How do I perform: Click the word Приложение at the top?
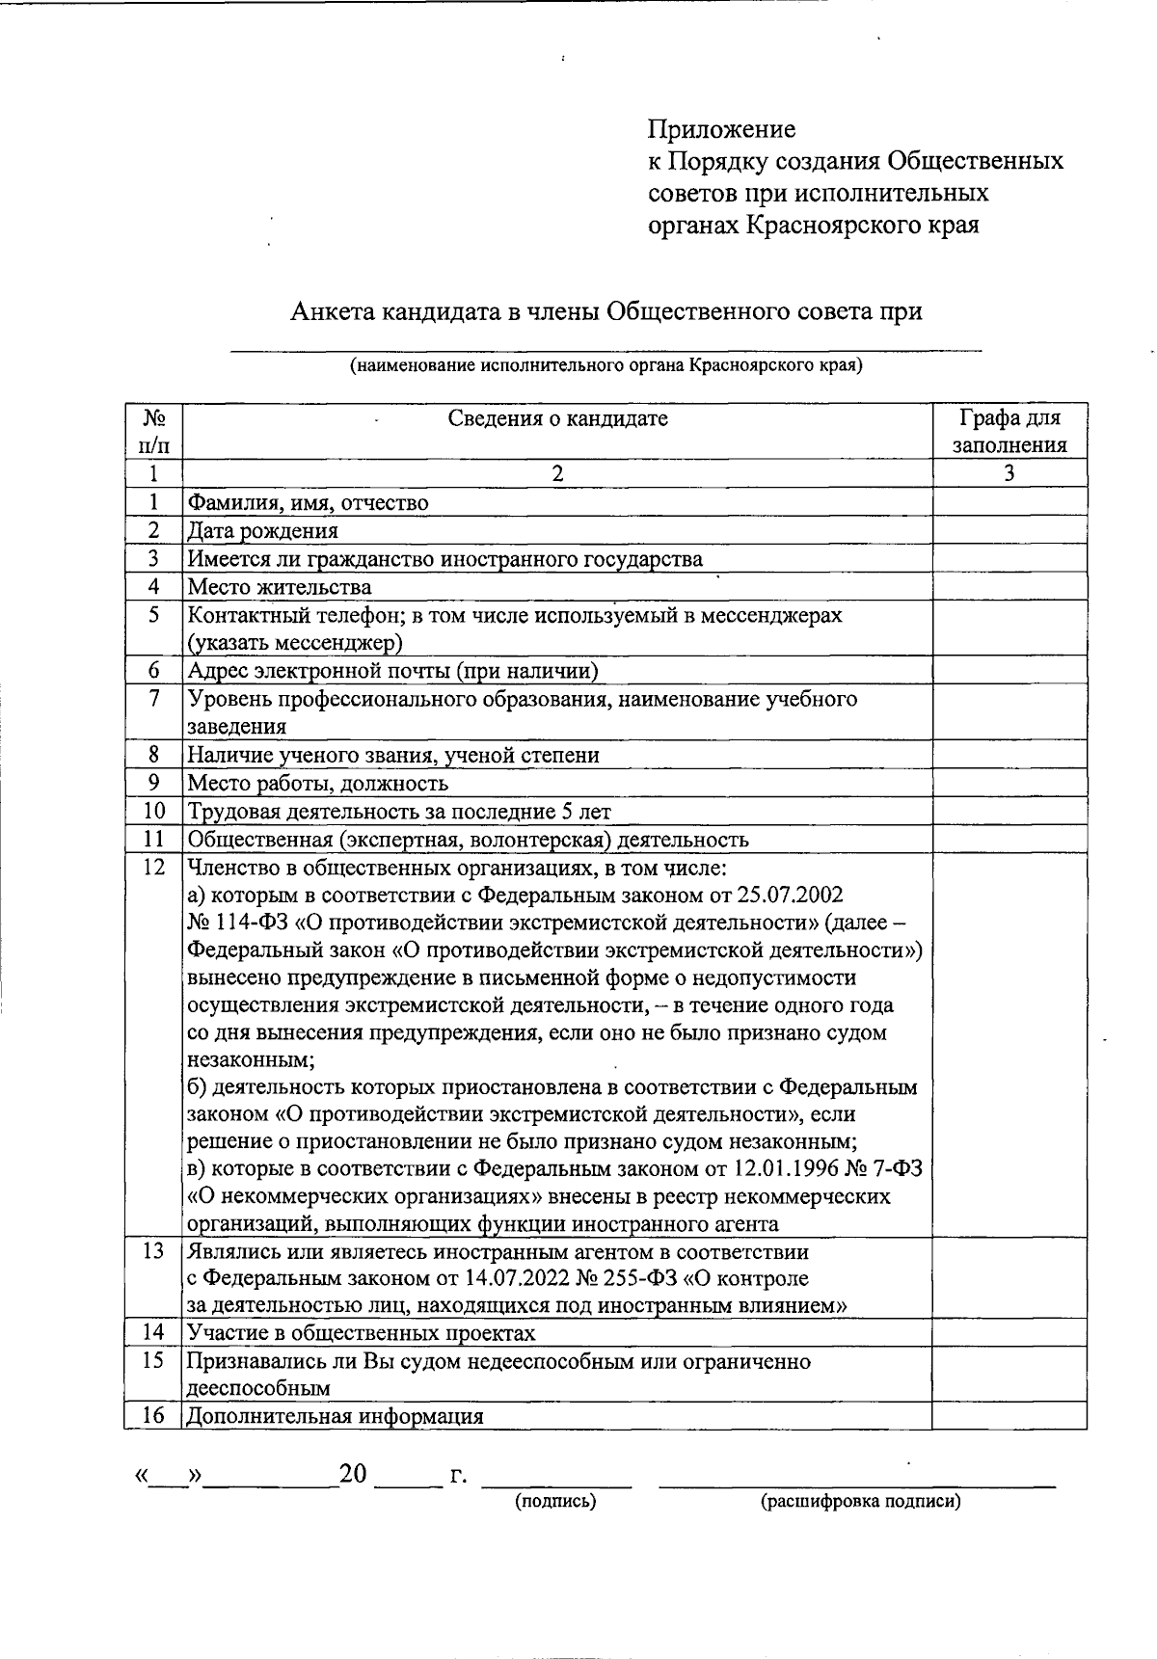[x=721, y=129]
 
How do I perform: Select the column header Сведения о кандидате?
[x=557, y=418]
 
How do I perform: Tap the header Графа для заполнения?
[x=1009, y=431]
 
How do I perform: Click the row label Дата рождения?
[x=262, y=530]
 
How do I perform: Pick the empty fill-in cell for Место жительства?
[x=1009, y=586]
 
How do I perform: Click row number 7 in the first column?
[x=153, y=698]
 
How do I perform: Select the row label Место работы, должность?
[x=317, y=783]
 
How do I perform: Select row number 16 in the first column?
[x=153, y=1415]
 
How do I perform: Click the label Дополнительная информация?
[x=335, y=1416]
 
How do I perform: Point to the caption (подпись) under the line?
[x=555, y=1501]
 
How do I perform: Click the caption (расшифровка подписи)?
[x=860, y=1501]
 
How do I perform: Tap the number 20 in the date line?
[x=353, y=1474]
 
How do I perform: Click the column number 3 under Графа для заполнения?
[x=1009, y=473]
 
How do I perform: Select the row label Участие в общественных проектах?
[x=361, y=1333]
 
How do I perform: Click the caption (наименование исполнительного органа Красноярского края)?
[x=605, y=365]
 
